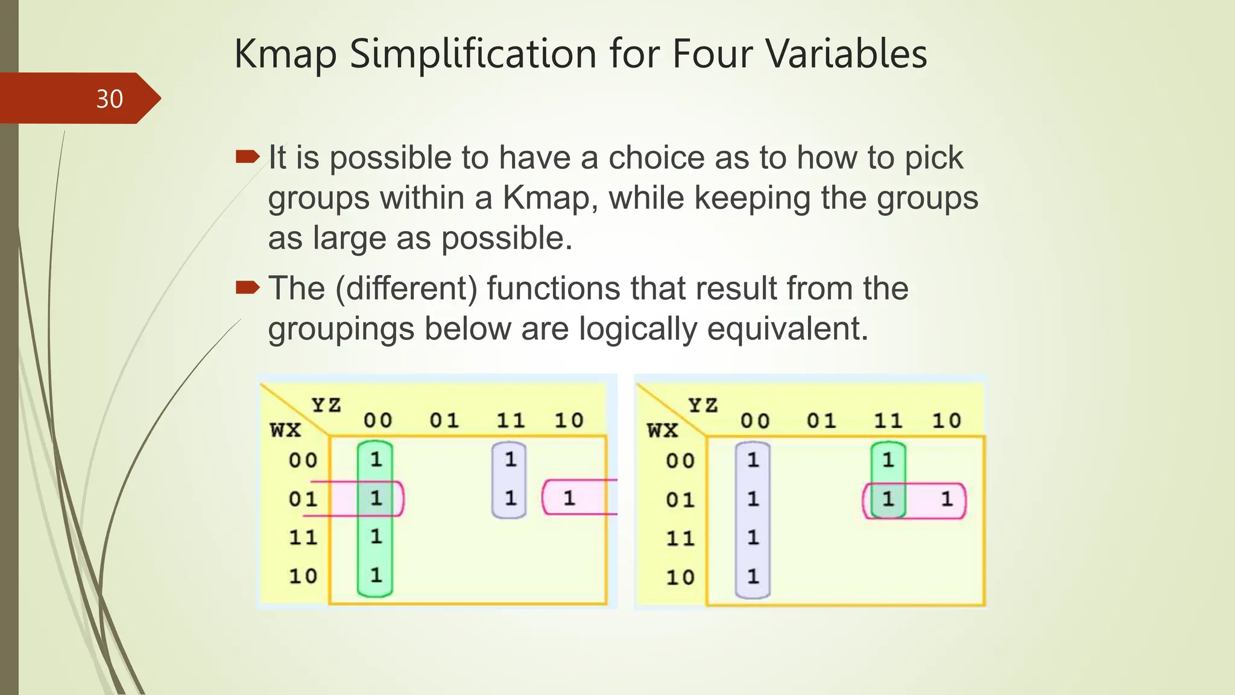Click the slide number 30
[109, 99]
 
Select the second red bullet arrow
[247, 288]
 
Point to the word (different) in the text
[406, 288]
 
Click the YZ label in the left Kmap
[326, 405]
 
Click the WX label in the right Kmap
[663, 430]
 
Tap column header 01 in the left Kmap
[444, 420]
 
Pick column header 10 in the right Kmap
[947, 420]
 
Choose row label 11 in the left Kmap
[303, 537]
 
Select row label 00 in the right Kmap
[680, 461]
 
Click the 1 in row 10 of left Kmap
[376, 575]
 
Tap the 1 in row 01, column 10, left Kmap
[569, 498]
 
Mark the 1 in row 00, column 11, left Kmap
[510, 460]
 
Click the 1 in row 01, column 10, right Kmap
[947, 499]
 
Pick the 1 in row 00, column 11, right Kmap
[888, 460]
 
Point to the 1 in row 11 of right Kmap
[753, 537]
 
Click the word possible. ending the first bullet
[507, 238]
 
